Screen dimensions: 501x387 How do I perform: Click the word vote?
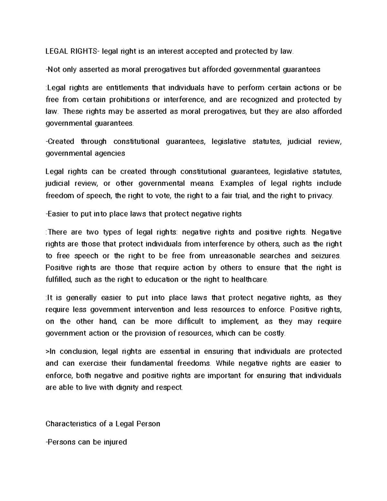coord(163,195)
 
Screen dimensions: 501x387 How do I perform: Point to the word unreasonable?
coord(232,256)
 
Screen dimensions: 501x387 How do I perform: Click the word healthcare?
coord(249,279)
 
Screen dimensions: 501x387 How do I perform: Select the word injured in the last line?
coord(115,442)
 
